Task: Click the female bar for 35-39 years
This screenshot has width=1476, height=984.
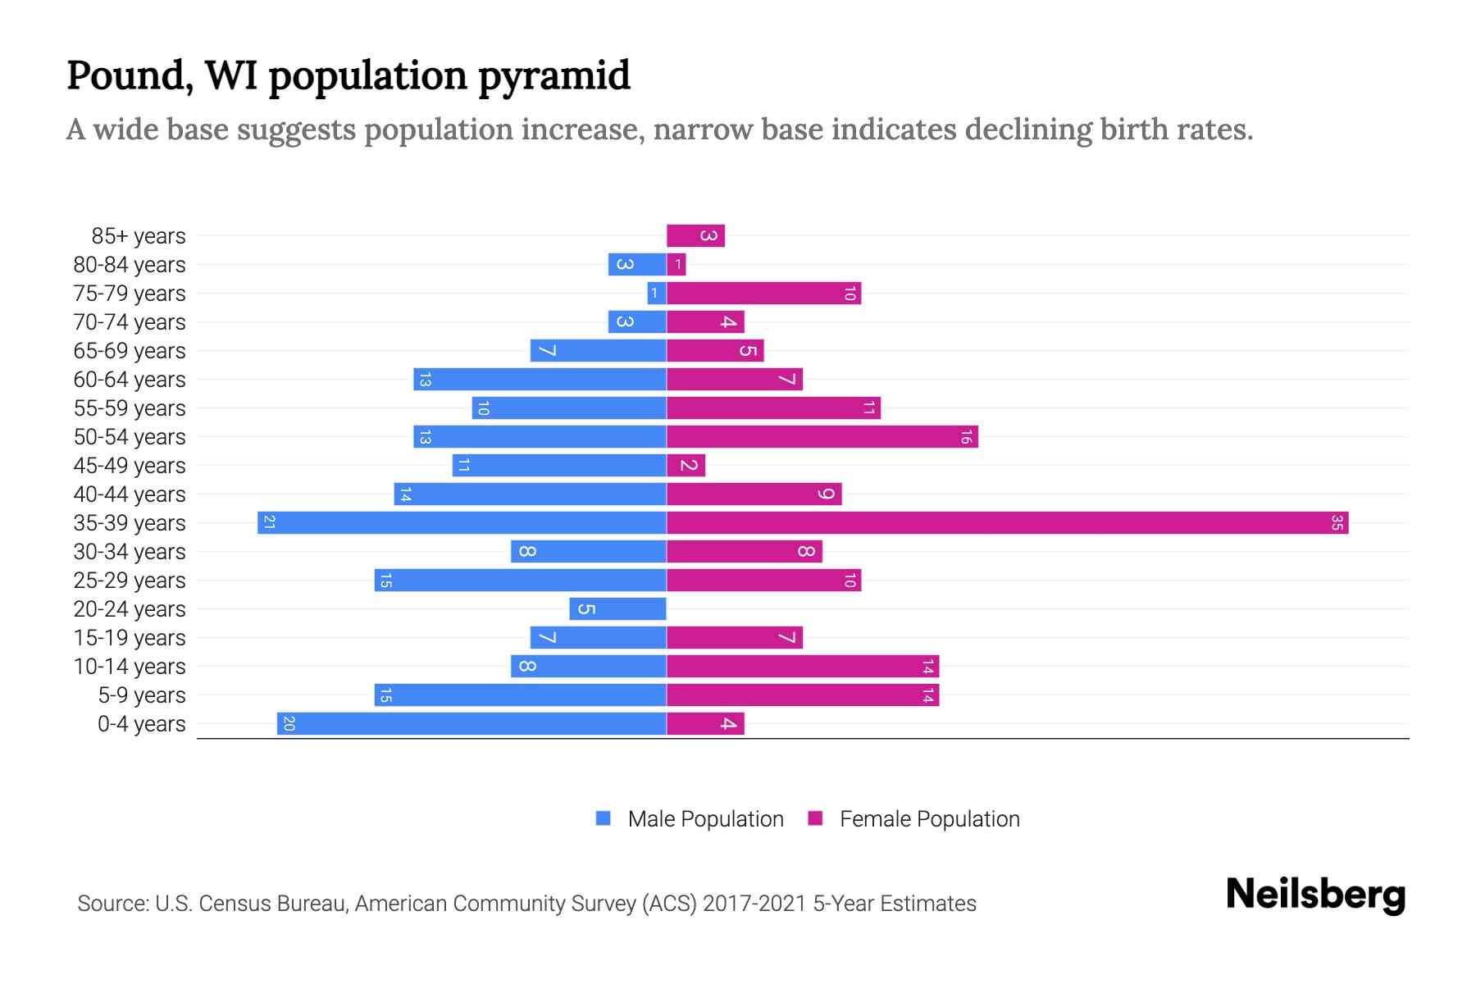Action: (1007, 523)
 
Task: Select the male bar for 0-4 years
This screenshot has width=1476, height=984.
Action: (471, 724)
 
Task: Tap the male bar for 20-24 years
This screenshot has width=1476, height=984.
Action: (617, 609)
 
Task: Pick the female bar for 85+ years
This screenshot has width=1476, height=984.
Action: (695, 236)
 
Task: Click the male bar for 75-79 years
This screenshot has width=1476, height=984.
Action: (657, 294)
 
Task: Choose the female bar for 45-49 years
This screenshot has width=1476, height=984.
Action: (686, 466)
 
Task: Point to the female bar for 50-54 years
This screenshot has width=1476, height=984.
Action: (822, 437)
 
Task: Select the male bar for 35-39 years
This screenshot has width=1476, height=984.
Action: (462, 523)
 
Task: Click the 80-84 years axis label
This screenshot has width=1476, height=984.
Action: (130, 265)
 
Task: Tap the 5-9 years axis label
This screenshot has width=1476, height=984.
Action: (142, 695)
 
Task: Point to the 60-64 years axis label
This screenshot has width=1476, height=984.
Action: (130, 380)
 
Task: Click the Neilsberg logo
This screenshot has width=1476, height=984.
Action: (1315, 895)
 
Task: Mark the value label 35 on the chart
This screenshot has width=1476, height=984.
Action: (1337, 523)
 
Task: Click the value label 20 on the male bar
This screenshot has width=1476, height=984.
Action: (289, 724)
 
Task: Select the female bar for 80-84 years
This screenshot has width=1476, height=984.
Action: (676, 265)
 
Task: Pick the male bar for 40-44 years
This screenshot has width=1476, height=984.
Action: (530, 494)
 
